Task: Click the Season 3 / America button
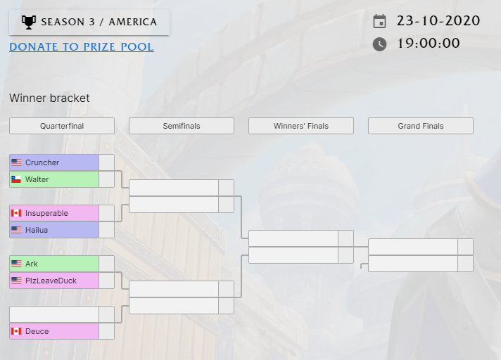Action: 89,22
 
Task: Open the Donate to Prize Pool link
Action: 82,47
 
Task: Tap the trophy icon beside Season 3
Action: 29,22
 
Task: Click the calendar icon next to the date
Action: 379,21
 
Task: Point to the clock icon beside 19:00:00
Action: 379,44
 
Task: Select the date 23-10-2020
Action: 438,20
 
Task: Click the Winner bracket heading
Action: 49,98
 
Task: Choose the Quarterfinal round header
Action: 62,126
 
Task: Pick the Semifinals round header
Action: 182,126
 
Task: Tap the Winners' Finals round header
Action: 301,126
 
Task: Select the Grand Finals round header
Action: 421,126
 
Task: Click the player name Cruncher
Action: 42,162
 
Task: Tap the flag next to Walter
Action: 16,179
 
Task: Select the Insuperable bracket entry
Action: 54,213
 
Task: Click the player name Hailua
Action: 37,230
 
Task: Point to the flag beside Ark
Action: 16,264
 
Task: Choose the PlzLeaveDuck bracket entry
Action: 54,281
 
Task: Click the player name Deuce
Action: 37,331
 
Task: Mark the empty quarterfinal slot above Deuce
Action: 54,314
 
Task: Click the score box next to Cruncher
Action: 106,162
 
